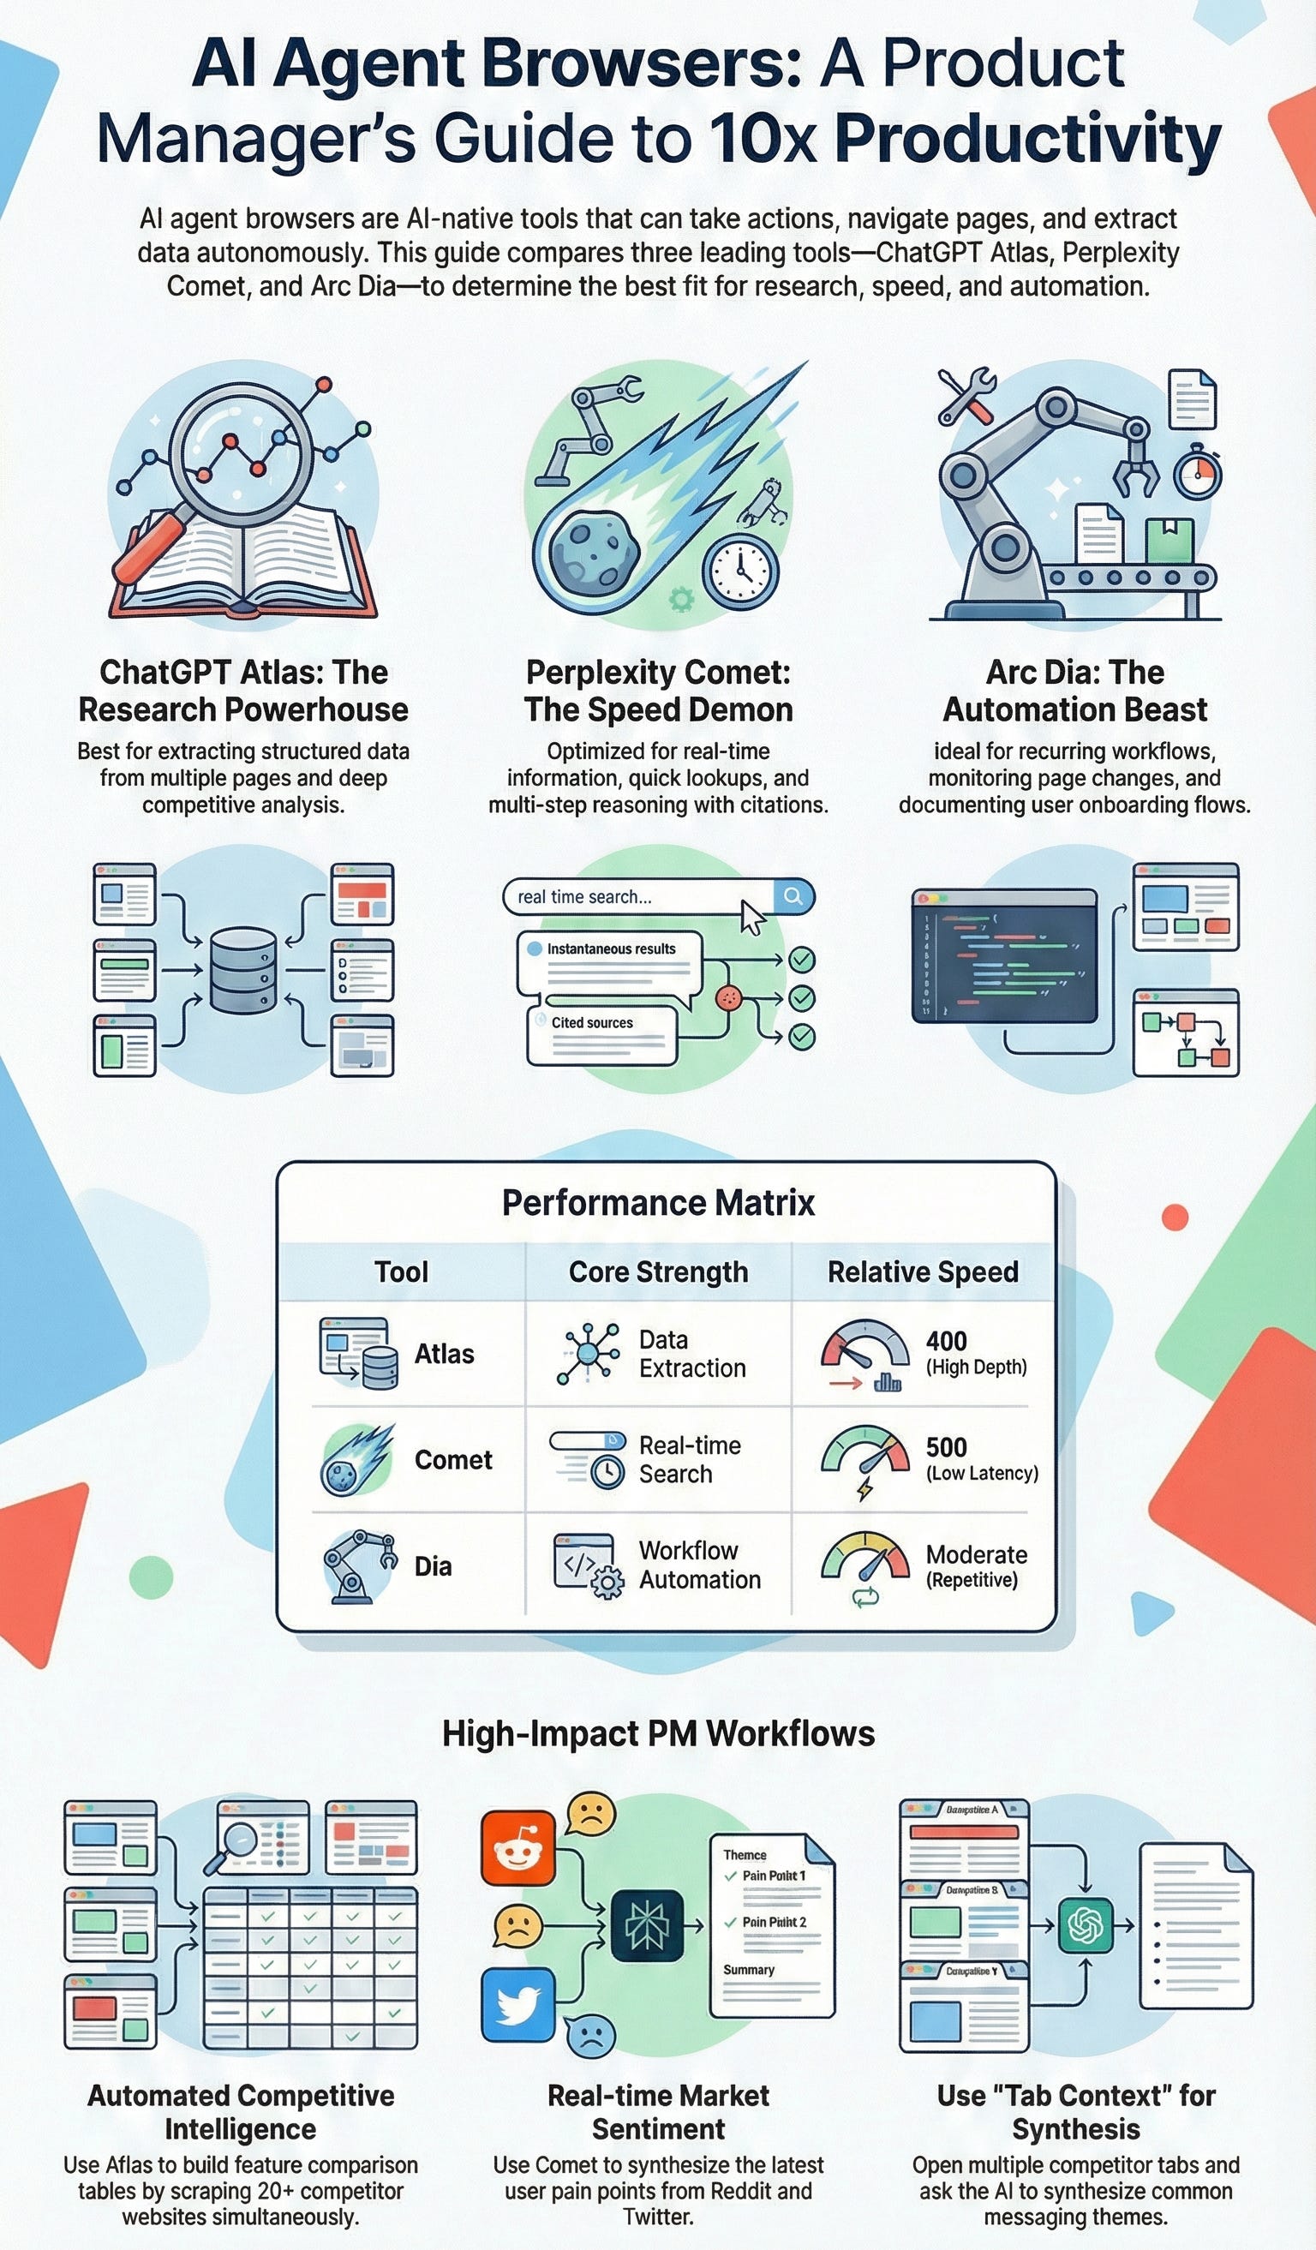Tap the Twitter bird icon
(x=517, y=2003)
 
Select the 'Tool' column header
(x=401, y=1272)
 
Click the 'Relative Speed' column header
(x=922, y=1272)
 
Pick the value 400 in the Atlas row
(x=947, y=1341)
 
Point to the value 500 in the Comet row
(x=947, y=1447)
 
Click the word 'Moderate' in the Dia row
(x=976, y=1554)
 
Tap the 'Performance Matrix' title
(x=658, y=1203)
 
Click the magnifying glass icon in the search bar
(x=793, y=896)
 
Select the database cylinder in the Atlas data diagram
(x=242, y=970)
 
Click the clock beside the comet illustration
(x=740, y=571)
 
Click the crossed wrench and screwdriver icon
(x=966, y=397)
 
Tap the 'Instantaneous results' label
(x=611, y=949)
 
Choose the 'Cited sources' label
(x=592, y=1022)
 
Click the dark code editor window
(x=1003, y=956)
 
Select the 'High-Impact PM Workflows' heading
(x=658, y=1733)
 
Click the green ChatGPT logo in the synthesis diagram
(x=1086, y=1926)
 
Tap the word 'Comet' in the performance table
(x=452, y=1460)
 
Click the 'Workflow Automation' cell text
(x=699, y=1565)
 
